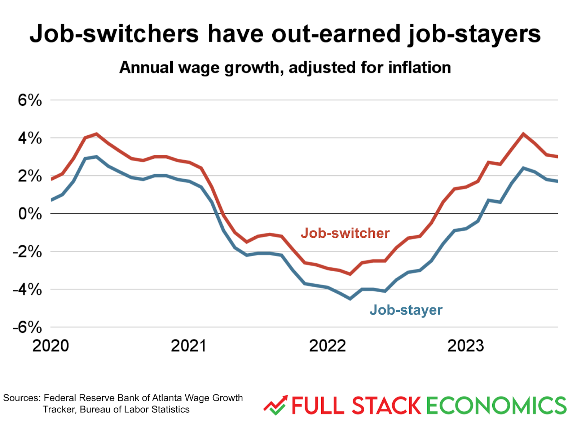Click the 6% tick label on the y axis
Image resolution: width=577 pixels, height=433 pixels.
[x=30, y=100]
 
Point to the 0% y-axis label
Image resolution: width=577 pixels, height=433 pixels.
[x=30, y=214]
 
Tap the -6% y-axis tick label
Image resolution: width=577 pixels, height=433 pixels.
[x=27, y=327]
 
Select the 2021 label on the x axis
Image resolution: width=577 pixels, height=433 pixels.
[x=188, y=346]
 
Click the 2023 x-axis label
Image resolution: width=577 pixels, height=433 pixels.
[x=465, y=346]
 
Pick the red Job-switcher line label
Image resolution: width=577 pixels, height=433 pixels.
[x=345, y=233]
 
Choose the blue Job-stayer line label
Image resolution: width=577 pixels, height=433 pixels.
[x=406, y=310]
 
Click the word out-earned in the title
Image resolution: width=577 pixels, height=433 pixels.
[x=336, y=34]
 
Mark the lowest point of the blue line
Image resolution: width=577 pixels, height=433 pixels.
[x=350, y=299]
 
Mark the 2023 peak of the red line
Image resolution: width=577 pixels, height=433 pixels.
[x=523, y=134]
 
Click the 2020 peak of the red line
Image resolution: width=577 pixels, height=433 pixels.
[x=96, y=134]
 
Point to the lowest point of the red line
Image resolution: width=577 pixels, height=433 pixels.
[x=350, y=274]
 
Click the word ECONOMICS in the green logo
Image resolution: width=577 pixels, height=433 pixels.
[x=497, y=406]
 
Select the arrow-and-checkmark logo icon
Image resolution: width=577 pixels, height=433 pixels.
[x=276, y=405]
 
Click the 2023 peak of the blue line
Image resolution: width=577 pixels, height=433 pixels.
[x=523, y=168]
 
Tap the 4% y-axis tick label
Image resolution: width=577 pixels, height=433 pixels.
[x=30, y=138]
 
